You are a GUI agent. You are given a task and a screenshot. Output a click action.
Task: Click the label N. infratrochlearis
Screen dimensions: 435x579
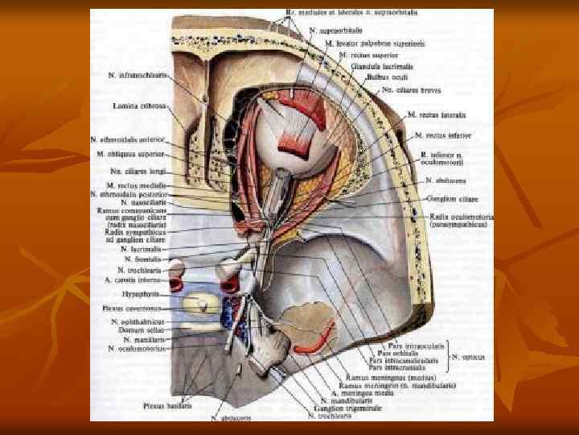point(138,75)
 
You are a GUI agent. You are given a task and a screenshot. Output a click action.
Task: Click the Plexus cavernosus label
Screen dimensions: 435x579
point(138,308)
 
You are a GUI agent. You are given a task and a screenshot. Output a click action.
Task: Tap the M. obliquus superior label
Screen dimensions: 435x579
point(130,153)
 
